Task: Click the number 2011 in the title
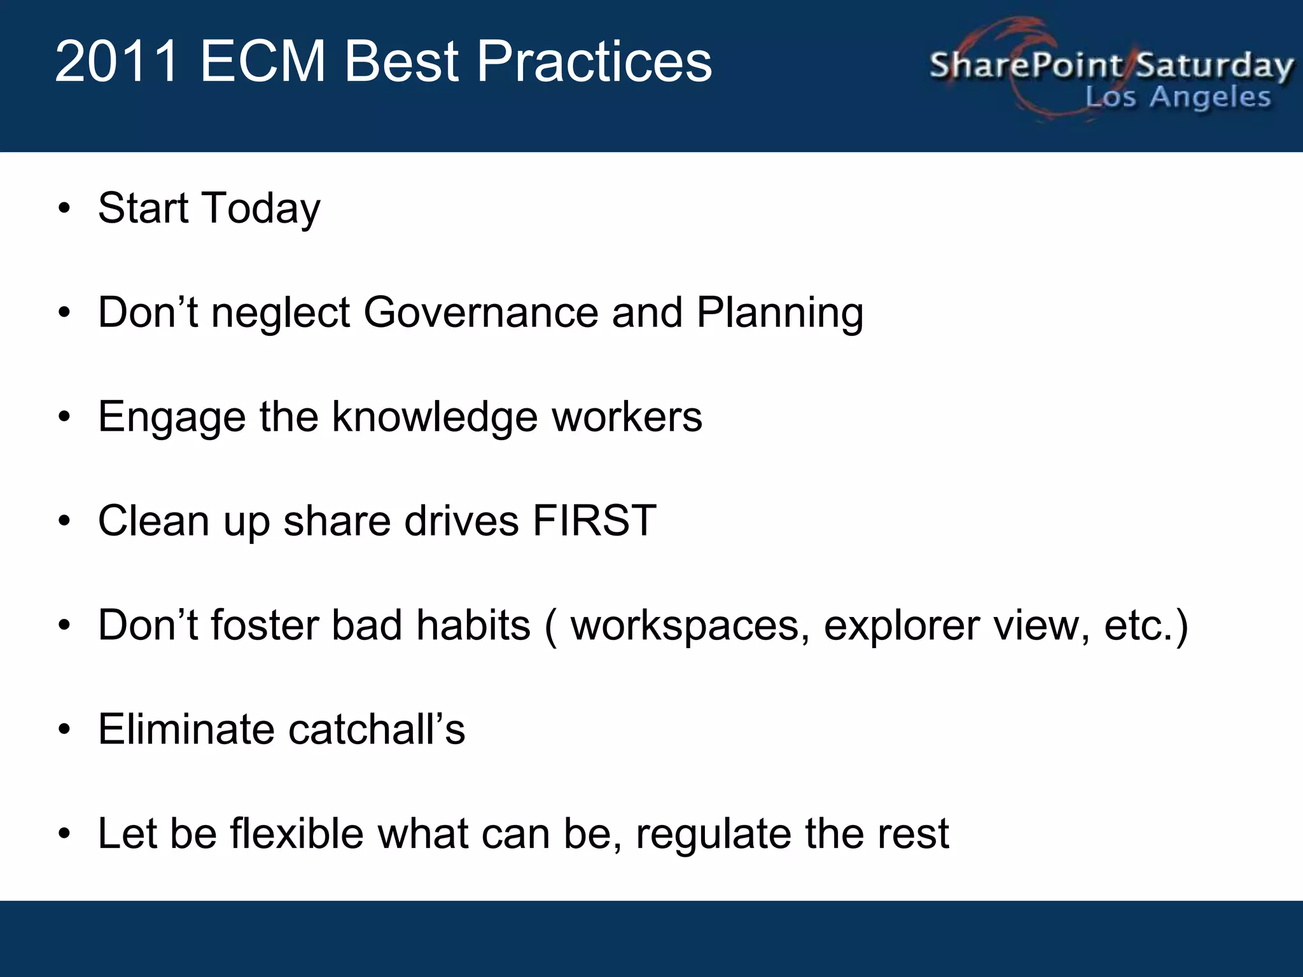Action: (117, 62)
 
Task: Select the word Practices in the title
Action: (594, 62)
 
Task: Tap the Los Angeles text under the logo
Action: (1178, 97)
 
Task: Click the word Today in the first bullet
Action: (261, 209)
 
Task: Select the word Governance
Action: (481, 313)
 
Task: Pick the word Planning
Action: (780, 313)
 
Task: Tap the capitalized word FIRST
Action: (594, 521)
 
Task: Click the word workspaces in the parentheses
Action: (690, 626)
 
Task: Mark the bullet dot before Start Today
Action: (64, 209)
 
